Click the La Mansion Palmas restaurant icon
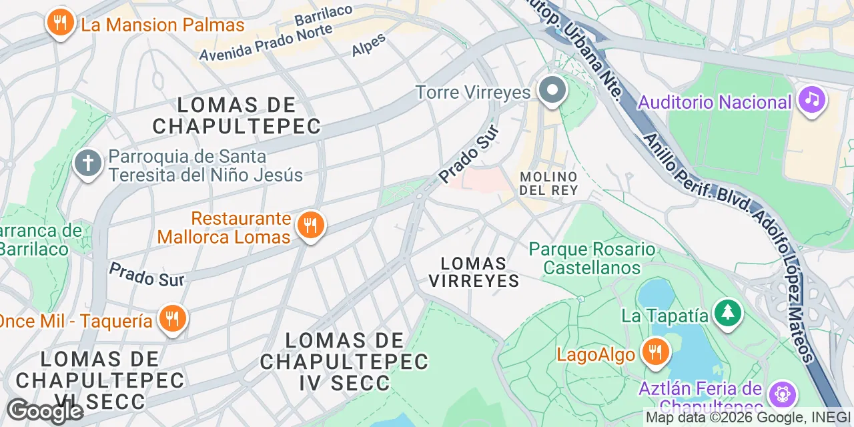point(60,23)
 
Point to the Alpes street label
point(368,45)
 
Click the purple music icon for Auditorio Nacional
point(811,101)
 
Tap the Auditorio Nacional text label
point(715,103)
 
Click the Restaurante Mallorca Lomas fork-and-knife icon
point(310,226)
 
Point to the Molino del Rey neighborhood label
point(548,183)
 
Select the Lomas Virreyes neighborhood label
point(474,272)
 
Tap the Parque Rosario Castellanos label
point(592,259)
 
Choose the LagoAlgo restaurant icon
point(656,352)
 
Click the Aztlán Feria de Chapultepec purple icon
point(781,394)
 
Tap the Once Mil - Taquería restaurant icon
point(172,319)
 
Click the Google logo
point(45,411)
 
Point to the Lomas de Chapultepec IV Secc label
point(344,362)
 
